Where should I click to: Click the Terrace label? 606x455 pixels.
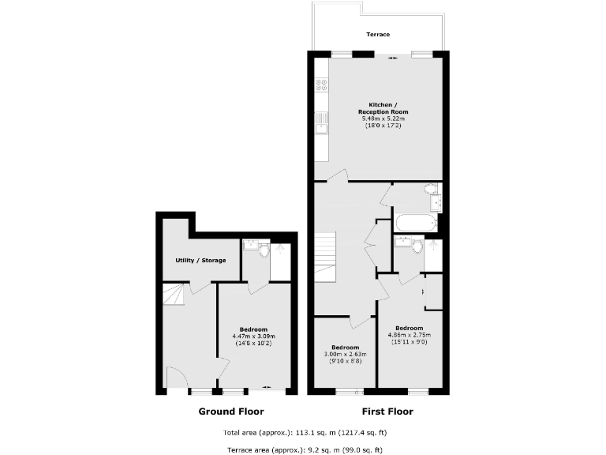(x=377, y=35)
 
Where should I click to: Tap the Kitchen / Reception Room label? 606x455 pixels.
(x=379, y=108)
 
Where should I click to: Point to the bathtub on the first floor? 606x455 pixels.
(x=414, y=222)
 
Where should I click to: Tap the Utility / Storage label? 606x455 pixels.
(x=200, y=261)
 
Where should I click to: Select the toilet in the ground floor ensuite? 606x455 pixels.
(x=264, y=249)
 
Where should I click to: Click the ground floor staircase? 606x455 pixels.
(x=174, y=296)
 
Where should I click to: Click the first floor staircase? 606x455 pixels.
(x=326, y=258)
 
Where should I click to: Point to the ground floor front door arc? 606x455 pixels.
(x=175, y=377)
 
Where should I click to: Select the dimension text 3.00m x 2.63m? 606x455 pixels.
(x=345, y=355)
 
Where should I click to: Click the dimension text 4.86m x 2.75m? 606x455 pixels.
(x=409, y=335)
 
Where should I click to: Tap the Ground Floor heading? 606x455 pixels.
(x=230, y=412)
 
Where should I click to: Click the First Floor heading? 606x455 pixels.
(x=387, y=412)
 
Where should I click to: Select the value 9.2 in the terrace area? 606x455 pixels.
(x=307, y=449)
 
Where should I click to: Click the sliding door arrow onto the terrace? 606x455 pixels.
(x=391, y=57)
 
